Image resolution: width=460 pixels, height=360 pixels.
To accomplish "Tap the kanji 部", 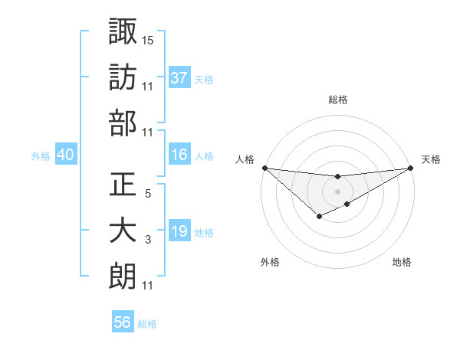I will pyautogui.click(x=123, y=122).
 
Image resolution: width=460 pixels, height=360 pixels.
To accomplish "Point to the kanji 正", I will pyautogui.click(x=123, y=185).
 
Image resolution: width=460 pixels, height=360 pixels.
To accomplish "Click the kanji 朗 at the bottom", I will pyautogui.click(x=123, y=276).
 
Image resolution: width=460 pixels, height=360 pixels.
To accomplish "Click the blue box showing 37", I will pyautogui.click(x=179, y=77).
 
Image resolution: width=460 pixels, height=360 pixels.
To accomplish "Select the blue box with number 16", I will pyautogui.click(x=179, y=155).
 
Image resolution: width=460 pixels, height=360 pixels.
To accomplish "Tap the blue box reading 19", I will pyautogui.click(x=179, y=231).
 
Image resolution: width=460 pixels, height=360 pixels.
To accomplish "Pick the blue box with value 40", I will pyautogui.click(x=66, y=155).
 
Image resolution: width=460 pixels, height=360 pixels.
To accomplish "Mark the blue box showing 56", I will pyautogui.click(x=123, y=322).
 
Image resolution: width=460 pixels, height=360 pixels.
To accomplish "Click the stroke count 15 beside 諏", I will pyautogui.click(x=148, y=39).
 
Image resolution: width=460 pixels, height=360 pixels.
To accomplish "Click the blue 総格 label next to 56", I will pyautogui.click(x=147, y=324).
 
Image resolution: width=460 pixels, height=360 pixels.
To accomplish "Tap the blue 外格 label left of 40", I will pyautogui.click(x=41, y=156).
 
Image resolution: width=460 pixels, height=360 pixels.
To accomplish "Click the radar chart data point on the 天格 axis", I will pyautogui.click(x=410, y=168).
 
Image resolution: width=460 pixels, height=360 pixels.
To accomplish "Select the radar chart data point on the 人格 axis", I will pyautogui.click(x=264, y=168).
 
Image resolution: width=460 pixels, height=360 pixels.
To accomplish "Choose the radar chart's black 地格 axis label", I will pyautogui.click(x=402, y=263).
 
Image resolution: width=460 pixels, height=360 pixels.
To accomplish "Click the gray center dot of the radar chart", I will pyautogui.click(x=337, y=191).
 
